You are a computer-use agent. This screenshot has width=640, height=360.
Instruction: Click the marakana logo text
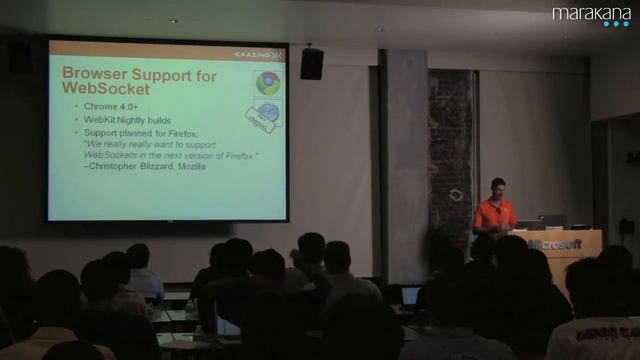point(591,13)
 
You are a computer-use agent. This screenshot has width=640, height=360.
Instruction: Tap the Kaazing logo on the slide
point(258,54)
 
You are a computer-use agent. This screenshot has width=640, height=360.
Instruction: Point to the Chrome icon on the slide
point(267,83)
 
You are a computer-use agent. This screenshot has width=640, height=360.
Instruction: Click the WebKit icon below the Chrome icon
point(267,112)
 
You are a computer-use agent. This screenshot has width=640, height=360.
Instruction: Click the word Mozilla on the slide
point(191,167)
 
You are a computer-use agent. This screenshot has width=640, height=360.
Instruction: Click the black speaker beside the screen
point(311,64)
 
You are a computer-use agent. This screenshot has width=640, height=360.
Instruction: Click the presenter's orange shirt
point(495,213)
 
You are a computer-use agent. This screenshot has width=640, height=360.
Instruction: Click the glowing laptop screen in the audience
point(410,295)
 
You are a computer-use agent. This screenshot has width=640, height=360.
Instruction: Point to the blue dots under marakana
point(616,24)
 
